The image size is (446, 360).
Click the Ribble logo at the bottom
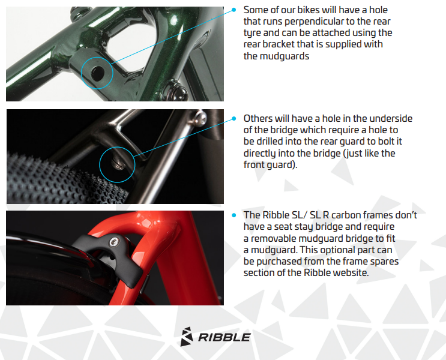click(x=215, y=337)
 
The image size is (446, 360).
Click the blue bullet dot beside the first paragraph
click(x=234, y=10)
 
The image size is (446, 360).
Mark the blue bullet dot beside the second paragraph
click(x=234, y=119)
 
